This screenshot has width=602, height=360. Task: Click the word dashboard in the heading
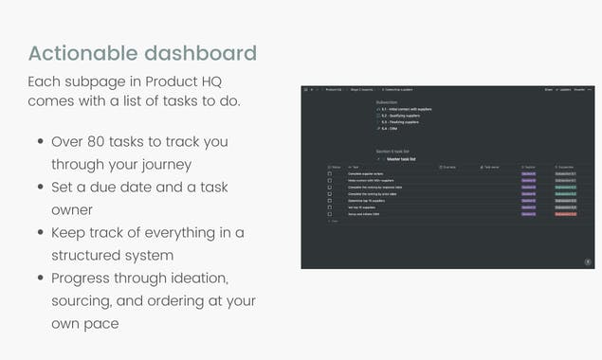coord(196,52)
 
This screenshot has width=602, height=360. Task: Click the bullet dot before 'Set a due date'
coord(41,187)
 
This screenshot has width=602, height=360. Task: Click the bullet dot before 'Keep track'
coord(41,232)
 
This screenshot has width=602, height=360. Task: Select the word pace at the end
coord(102,323)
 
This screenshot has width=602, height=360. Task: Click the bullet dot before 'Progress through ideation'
coord(41,278)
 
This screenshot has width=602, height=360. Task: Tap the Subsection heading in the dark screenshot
coord(387,100)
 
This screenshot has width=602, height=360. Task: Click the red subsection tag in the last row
coord(565,214)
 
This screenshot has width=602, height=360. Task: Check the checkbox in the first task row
coord(329,174)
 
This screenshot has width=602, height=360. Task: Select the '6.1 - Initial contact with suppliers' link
coord(405,109)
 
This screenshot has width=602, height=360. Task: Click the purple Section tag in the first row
coord(528,174)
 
